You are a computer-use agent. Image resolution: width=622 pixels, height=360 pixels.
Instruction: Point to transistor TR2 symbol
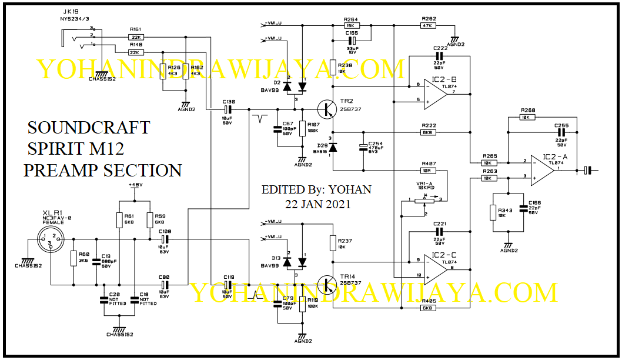pyautogui.click(x=327, y=109)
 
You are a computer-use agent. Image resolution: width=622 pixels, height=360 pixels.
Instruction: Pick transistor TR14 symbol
pyautogui.click(x=327, y=284)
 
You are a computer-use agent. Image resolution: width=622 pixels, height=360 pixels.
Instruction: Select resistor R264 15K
pyautogui.click(x=352, y=25)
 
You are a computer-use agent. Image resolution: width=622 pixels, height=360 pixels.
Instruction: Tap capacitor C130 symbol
pyautogui.click(x=229, y=109)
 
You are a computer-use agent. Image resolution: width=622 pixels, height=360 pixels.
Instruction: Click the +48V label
pyautogui.click(x=135, y=185)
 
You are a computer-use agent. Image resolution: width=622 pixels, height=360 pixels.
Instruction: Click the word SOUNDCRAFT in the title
pyautogui.click(x=89, y=128)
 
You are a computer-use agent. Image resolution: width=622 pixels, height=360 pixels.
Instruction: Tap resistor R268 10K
pyautogui.click(x=527, y=117)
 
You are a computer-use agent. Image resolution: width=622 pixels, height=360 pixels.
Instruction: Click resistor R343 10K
pyautogui.click(x=493, y=212)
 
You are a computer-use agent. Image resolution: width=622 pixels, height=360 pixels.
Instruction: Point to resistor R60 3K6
pyautogui.click(x=73, y=258)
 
